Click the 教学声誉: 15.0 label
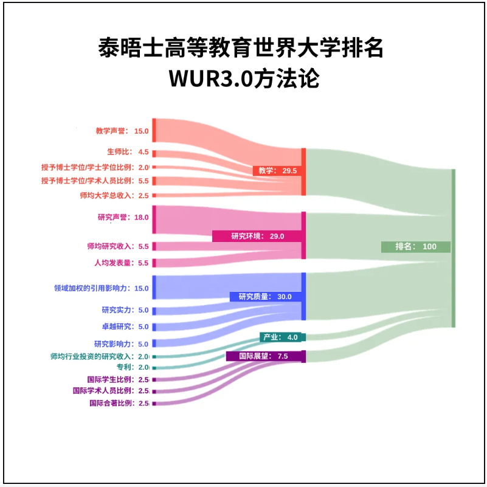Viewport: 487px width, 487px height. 122,131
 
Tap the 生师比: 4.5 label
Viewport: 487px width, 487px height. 128,152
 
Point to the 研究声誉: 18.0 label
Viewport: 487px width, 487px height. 123,217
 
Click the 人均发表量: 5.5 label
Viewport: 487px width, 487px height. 121,263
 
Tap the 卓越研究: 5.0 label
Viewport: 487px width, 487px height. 125,326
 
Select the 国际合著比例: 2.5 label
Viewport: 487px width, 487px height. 119,403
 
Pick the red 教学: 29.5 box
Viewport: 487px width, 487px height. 277,171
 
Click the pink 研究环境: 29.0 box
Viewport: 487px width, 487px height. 257,236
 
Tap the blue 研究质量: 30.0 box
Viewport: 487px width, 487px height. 266,297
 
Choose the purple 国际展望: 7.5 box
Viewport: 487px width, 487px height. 265,356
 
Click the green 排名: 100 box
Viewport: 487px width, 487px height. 416,247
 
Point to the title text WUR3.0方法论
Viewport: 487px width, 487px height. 243,78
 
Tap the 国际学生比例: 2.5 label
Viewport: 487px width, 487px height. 118,379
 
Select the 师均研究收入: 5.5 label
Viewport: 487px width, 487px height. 118,246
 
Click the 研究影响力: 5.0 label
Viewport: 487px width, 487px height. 121,344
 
